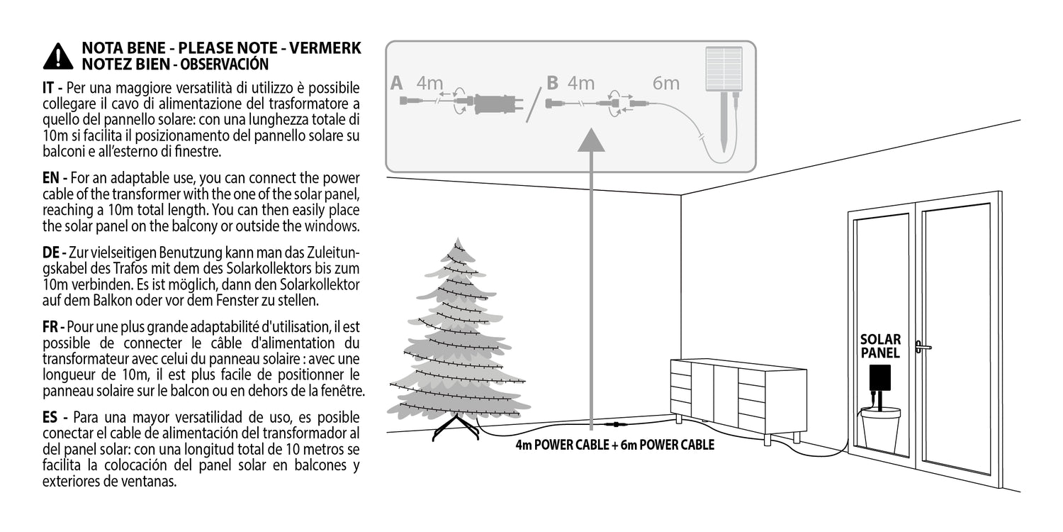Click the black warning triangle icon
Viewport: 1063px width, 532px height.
pos(58,57)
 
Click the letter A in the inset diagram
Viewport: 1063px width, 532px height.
pos(397,83)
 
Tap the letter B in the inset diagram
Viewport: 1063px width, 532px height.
pos(552,83)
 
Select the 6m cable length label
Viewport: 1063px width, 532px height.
pos(666,83)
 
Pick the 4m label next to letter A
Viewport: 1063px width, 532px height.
pos(430,83)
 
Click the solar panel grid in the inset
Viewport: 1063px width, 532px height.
pos(724,68)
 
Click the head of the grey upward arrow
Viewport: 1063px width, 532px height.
pos(591,140)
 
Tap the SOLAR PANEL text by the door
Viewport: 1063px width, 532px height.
pos(880,346)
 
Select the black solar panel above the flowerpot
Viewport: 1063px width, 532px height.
pos(880,378)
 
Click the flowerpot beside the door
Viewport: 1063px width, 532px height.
pos(881,431)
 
